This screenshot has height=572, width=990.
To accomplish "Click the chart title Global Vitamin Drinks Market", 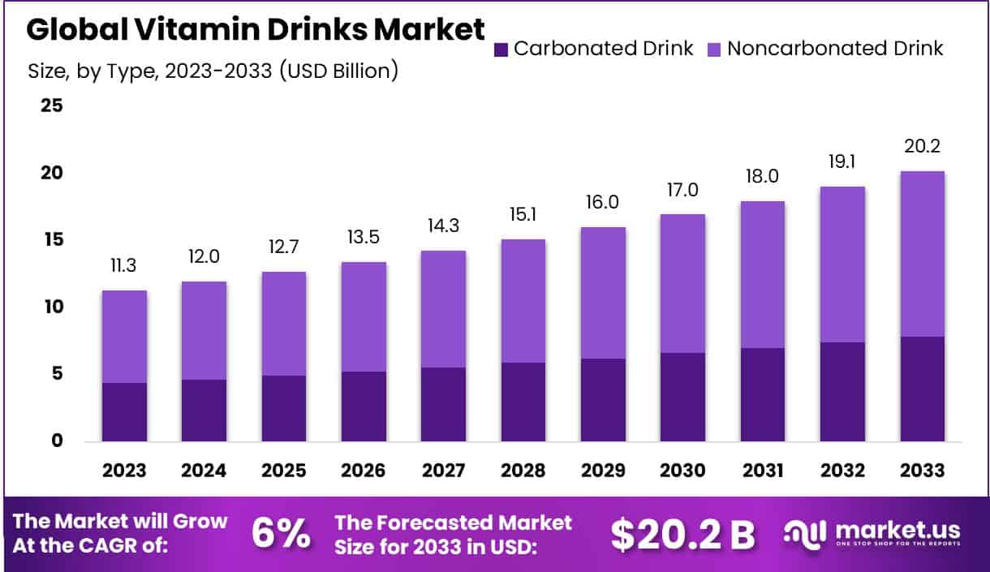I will tap(256, 30).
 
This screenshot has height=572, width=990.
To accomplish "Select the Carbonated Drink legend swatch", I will tap(501, 49).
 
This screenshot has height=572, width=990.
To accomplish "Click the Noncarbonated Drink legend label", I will tap(835, 49).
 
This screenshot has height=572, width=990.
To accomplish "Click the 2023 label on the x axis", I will tap(124, 471).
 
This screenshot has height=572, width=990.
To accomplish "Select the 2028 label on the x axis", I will tap(523, 471).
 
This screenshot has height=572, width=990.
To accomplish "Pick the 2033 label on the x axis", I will tap(923, 471).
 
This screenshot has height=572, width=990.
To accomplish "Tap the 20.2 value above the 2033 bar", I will tap(923, 148).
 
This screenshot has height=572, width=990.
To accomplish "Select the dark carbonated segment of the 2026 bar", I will tap(364, 406).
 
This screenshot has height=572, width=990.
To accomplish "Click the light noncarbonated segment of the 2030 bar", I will tap(682, 283).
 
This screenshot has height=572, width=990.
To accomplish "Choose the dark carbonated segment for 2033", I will tap(923, 389).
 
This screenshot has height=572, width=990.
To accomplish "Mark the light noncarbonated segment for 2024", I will tap(204, 330).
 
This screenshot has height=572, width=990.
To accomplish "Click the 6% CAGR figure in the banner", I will tap(280, 533).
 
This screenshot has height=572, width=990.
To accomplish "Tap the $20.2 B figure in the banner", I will tap(682, 534).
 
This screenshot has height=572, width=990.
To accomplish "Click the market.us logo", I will tap(872, 534).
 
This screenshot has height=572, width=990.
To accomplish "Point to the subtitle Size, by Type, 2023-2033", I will tap(213, 71).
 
